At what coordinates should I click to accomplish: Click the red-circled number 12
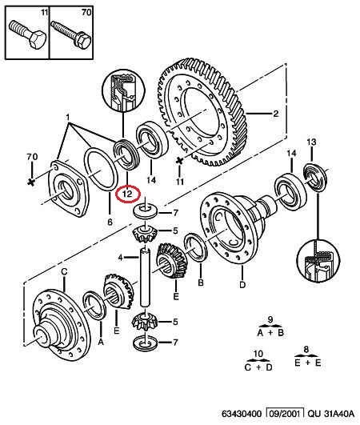pyautogui.click(x=127, y=194)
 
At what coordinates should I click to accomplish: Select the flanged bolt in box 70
pyautogui.click(x=71, y=34)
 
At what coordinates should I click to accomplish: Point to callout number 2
pyautogui.click(x=275, y=114)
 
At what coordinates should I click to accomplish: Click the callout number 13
pyautogui.click(x=311, y=142)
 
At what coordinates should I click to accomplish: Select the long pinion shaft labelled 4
pyautogui.click(x=146, y=277)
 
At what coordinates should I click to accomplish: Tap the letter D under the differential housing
pyautogui.click(x=242, y=285)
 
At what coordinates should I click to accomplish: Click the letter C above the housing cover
pyautogui.click(x=64, y=271)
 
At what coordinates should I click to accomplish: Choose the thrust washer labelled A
pyautogui.click(x=94, y=305)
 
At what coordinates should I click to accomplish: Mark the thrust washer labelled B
pyautogui.click(x=195, y=247)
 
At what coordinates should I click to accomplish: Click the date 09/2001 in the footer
pyautogui.click(x=286, y=414)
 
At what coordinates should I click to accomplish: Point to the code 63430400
pyautogui.click(x=242, y=414)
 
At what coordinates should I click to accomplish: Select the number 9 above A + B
pyautogui.click(x=270, y=320)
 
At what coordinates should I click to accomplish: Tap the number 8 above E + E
pyautogui.click(x=306, y=350)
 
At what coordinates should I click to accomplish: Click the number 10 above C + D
pyautogui.click(x=258, y=354)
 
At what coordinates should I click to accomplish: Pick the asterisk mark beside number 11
pyautogui.click(x=179, y=161)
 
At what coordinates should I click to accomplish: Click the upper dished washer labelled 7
pyautogui.click(x=146, y=210)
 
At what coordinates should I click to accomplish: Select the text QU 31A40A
pyautogui.click(x=331, y=414)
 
